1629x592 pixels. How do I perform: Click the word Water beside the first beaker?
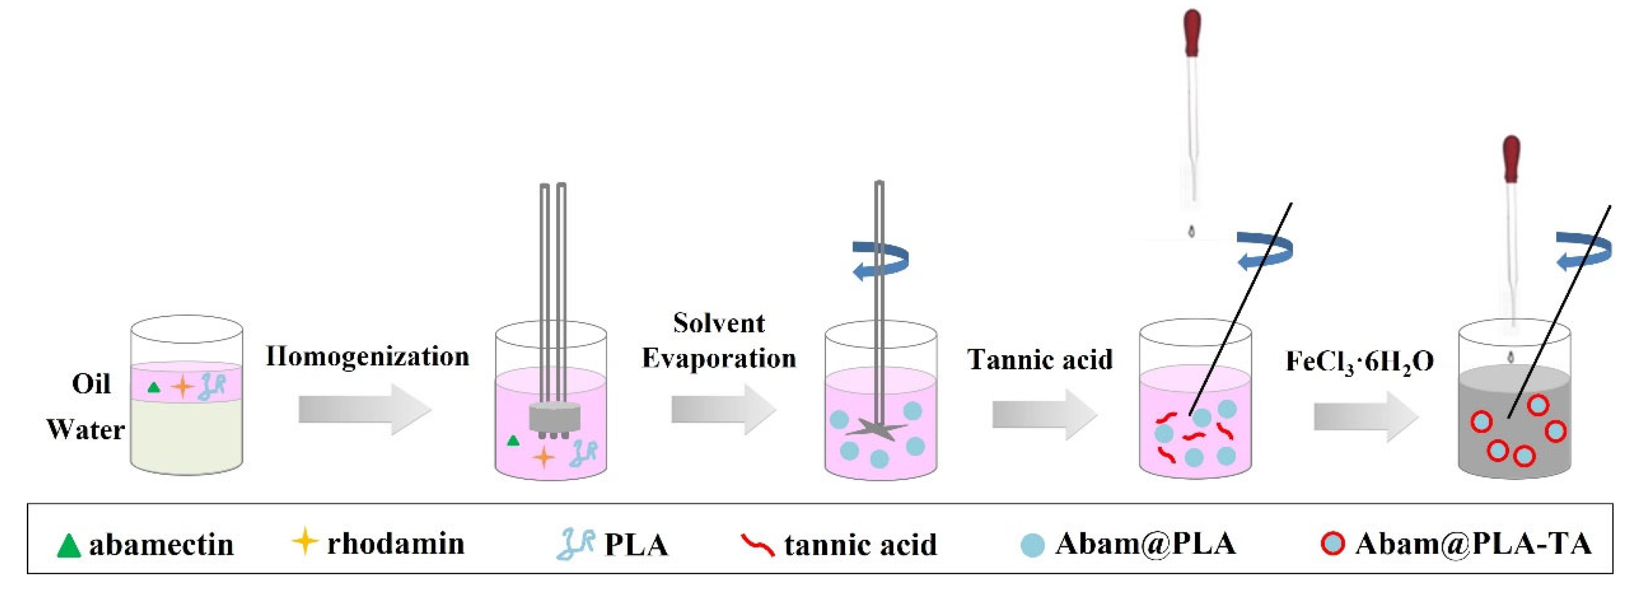[x=85, y=430]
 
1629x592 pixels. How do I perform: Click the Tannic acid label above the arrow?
[x=1040, y=360]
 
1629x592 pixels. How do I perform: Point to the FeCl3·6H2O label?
[x=1360, y=362]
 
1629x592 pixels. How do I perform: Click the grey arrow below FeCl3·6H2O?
[x=1366, y=416]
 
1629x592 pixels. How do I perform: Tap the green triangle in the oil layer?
[x=153, y=387]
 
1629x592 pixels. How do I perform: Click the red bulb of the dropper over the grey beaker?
[x=1511, y=159]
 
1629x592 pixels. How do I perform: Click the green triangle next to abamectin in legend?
[x=68, y=545]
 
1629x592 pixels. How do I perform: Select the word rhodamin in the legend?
[x=396, y=543]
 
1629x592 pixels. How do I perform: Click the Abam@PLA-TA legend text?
[x=1473, y=543]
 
